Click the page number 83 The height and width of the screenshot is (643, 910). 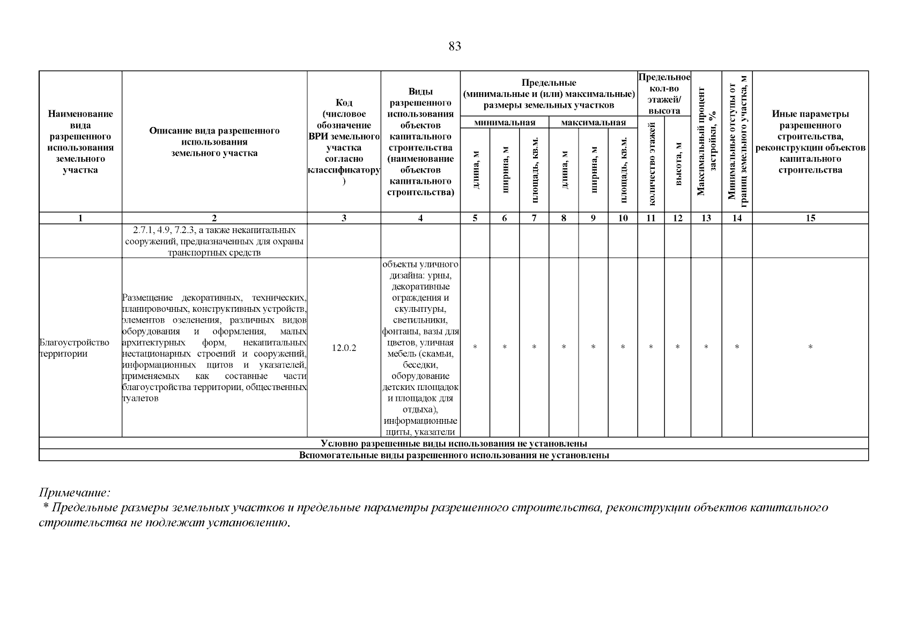point(454,47)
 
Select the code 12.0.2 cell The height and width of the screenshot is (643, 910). point(343,348)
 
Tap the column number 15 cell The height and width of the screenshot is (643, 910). point(810,218)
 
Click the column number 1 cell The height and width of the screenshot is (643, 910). point(80,218)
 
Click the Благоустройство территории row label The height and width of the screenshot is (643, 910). point(74,348)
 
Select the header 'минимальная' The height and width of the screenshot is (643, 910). point(505,123)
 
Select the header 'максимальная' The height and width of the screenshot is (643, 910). point(593,123)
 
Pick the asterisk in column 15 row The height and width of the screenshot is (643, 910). point(810,348)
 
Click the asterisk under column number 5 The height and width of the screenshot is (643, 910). point(475,348)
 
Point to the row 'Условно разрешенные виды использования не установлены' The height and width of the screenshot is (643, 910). point(454,444)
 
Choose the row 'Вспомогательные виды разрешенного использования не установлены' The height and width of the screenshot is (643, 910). point(454,455)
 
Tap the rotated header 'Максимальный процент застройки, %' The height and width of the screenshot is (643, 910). point(706,141)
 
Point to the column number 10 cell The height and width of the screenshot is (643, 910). point(623,218)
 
